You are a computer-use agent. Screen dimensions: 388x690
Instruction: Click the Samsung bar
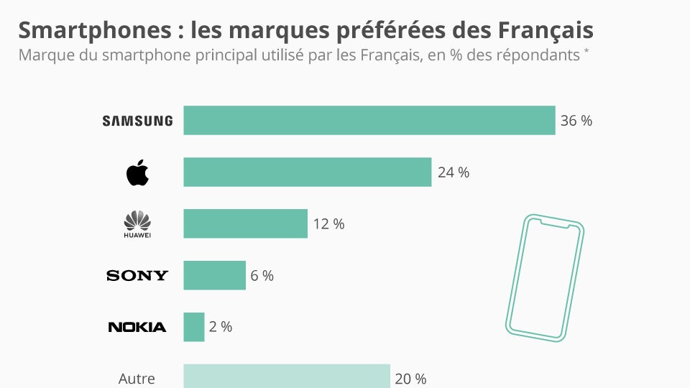tap(369, 121)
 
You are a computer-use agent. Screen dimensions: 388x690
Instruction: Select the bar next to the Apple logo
tap(308, 172)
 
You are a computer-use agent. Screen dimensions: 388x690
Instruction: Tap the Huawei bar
tap(246, 223)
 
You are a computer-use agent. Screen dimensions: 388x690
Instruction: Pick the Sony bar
tap(215, 275)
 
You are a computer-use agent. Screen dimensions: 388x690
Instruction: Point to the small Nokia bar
tap(194, 327)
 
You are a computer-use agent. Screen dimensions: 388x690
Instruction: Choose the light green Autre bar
tap(287, 377)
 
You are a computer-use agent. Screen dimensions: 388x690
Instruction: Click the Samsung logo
tap(137, 121)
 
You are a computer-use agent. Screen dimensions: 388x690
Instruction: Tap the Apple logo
tap(137, 172)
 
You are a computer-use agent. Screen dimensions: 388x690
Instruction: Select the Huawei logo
tap(137, 224)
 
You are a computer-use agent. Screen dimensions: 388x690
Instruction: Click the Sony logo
tap(137, 275)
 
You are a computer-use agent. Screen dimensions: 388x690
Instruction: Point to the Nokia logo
tap(137, 327)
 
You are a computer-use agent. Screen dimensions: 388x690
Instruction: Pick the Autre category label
tap(137, 378)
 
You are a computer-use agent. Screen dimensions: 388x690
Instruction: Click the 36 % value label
tap(576, 121)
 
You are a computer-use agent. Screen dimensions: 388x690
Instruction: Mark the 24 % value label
tap(453, 172)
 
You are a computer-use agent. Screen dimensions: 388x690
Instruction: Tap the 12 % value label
tap(328, 224)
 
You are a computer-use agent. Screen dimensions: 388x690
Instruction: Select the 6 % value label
tap(262, 275)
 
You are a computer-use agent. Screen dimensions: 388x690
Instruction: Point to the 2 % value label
tap(221, 327)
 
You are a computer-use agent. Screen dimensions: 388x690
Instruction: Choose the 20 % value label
tap(411, 378)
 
